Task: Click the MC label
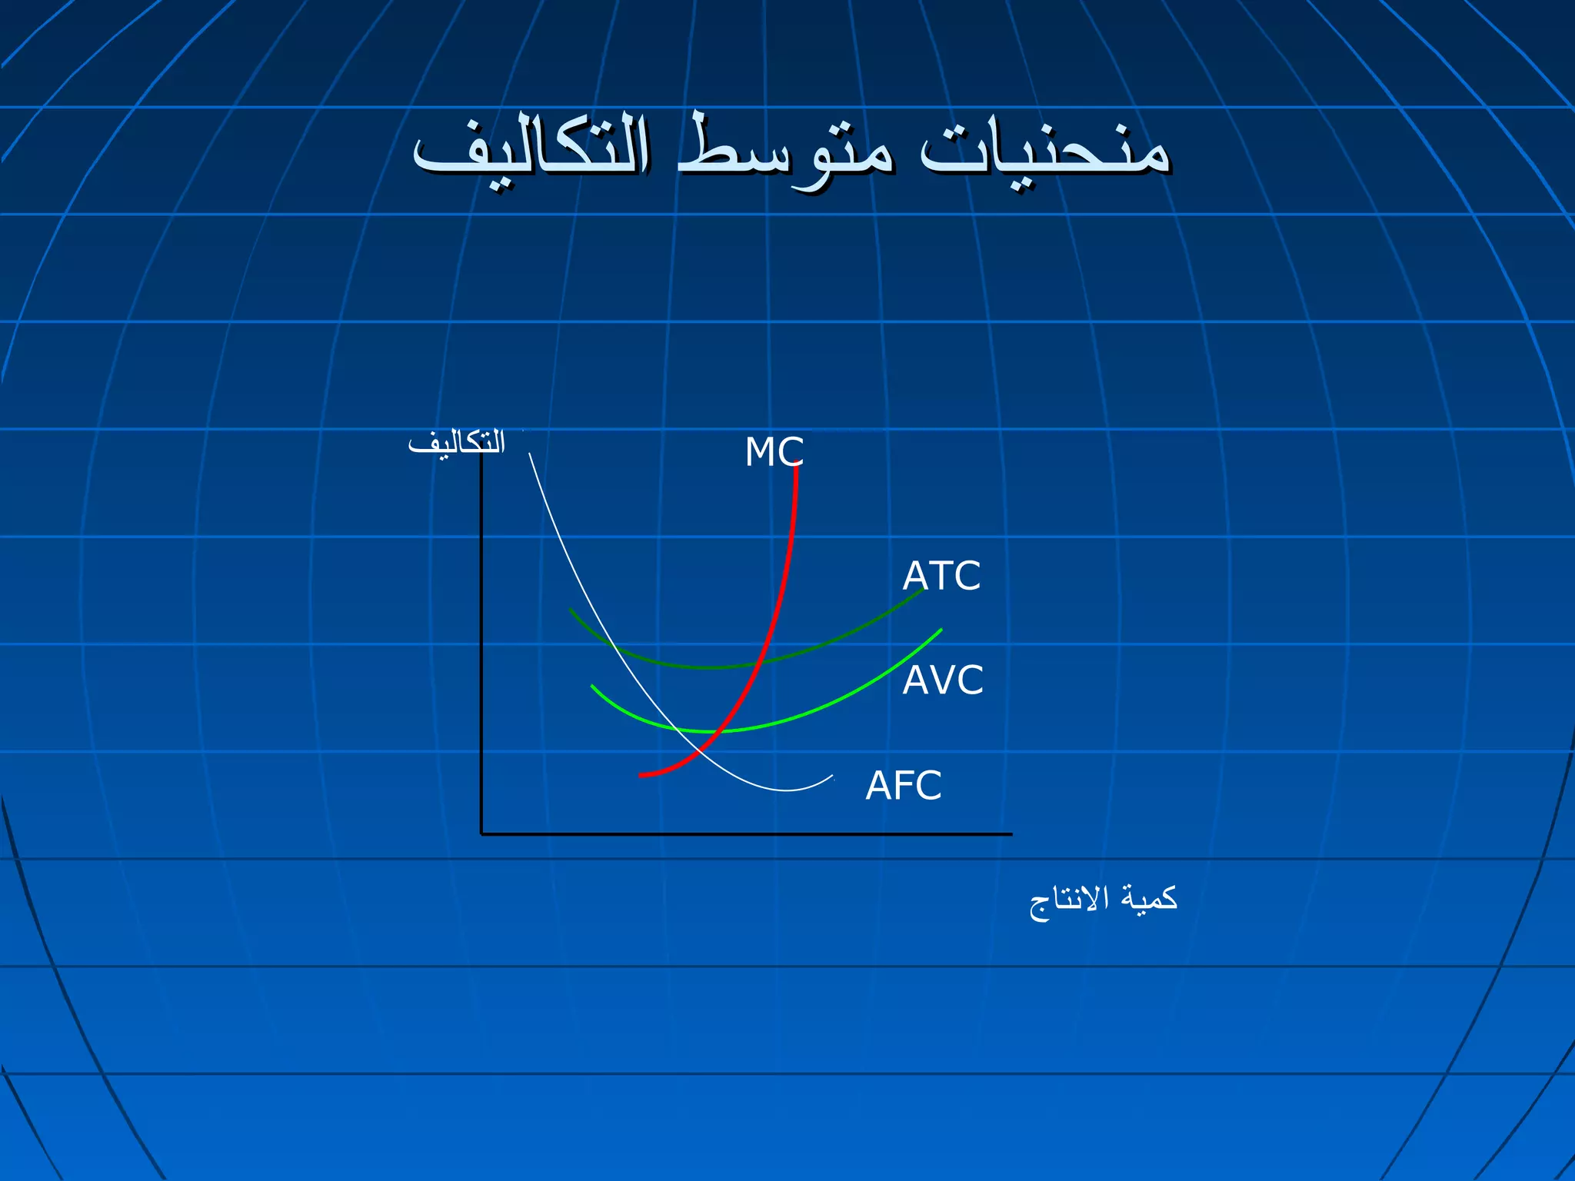point(774,452)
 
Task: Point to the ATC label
point(941,576)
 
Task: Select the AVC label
point(943,680)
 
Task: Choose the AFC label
point(904,786)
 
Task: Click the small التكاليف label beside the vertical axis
point(456,444)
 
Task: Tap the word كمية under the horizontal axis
point(1148,898)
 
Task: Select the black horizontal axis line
point(746,833)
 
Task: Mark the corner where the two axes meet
point(482,833)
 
